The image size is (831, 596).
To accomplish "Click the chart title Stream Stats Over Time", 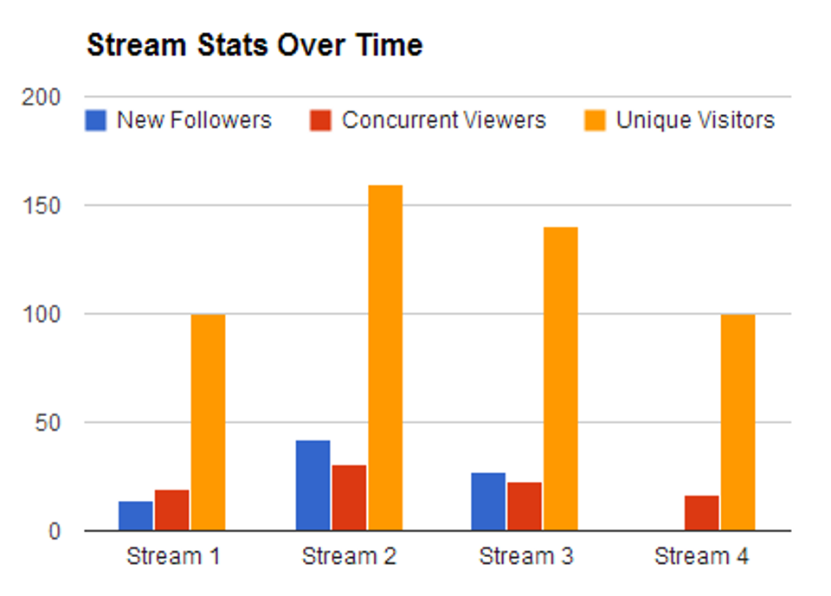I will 254,46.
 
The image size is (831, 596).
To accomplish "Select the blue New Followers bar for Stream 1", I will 136,516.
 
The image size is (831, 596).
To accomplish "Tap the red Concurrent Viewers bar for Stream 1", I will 172,510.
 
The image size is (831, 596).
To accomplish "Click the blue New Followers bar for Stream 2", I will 312,485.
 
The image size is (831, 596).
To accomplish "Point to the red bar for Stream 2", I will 349,497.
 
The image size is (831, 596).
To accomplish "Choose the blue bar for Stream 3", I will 488,502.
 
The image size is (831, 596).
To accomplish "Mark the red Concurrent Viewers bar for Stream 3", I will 525,506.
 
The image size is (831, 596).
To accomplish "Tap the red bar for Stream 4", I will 701,513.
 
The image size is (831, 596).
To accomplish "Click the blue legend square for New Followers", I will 95,120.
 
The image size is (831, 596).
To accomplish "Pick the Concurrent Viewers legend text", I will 444,120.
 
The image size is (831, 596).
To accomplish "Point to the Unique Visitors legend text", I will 695,120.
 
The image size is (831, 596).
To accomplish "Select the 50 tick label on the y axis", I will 48,423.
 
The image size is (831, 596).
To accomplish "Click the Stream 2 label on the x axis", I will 349,556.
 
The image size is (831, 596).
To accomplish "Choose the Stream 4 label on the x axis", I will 701,556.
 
